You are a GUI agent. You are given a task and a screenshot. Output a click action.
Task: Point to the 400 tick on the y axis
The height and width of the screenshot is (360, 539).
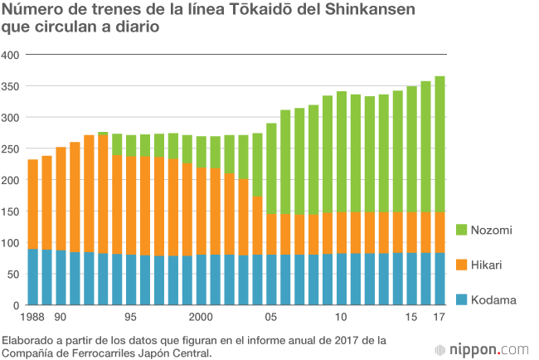(11, 55)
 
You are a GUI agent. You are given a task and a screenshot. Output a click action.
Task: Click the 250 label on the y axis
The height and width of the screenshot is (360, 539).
(11, 148)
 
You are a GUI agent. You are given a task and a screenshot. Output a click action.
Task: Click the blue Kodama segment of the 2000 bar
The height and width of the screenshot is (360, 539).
(201, 280)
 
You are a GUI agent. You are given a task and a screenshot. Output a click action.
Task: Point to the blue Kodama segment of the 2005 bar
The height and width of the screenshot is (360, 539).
(271, 280)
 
